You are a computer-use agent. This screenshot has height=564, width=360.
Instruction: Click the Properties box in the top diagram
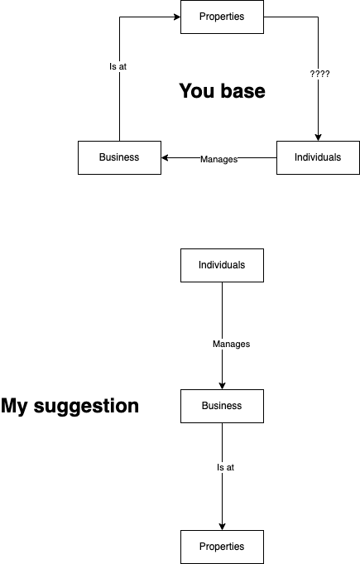pyautogui.click(x=222, y=17)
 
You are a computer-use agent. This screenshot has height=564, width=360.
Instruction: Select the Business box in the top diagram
pyautogui.click(x=119, y=157)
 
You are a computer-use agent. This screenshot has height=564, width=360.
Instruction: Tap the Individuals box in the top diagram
pyautogui.click(x=318, y=157)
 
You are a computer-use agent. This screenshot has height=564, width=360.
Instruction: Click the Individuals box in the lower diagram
pyautogui.click(x=222, y=265)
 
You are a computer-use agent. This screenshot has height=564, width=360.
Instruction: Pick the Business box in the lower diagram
pyautogui.click(x=222, y=406)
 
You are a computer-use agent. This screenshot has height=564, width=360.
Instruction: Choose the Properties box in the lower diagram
pyautogui.click(x=222, y=547)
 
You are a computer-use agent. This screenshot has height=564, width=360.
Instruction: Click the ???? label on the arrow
pyautogui.click(x=319, y=74)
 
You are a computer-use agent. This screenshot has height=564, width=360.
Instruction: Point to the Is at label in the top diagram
pyautogui.click(x=118, y=66)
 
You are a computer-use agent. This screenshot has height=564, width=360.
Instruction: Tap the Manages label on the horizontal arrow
pyautogui.click(x=218, y=159)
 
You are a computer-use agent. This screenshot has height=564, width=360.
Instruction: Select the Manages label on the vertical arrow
pyautogui.click(x=232, y=344)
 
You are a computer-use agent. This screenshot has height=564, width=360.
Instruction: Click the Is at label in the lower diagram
pyautogui.click(x=225, y=467)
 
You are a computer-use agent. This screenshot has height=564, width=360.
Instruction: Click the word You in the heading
pyautogui.click(x=197, y=90)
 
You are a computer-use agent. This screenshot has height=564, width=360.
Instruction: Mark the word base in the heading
pyautogui.click(x=243, y=90)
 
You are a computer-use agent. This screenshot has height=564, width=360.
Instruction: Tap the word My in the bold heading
pyautogui.click(x=14, y=406)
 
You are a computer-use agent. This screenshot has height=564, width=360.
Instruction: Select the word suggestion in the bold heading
pyautogui.click(x=86, y=406)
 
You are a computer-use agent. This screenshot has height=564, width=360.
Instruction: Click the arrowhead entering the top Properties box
pyautogui.click(x=177, y=17)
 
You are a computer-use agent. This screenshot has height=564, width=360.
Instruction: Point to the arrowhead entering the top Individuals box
pyautogui.click(x=318, y=137)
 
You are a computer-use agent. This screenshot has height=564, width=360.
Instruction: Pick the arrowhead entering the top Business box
pyautogui.click(x=165, y=157)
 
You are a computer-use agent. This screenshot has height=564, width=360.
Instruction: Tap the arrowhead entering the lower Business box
pyautogui.click(x=222, y=386)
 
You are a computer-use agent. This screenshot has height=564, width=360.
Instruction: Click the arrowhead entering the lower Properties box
pyautogui.click(x=222, y=527)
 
